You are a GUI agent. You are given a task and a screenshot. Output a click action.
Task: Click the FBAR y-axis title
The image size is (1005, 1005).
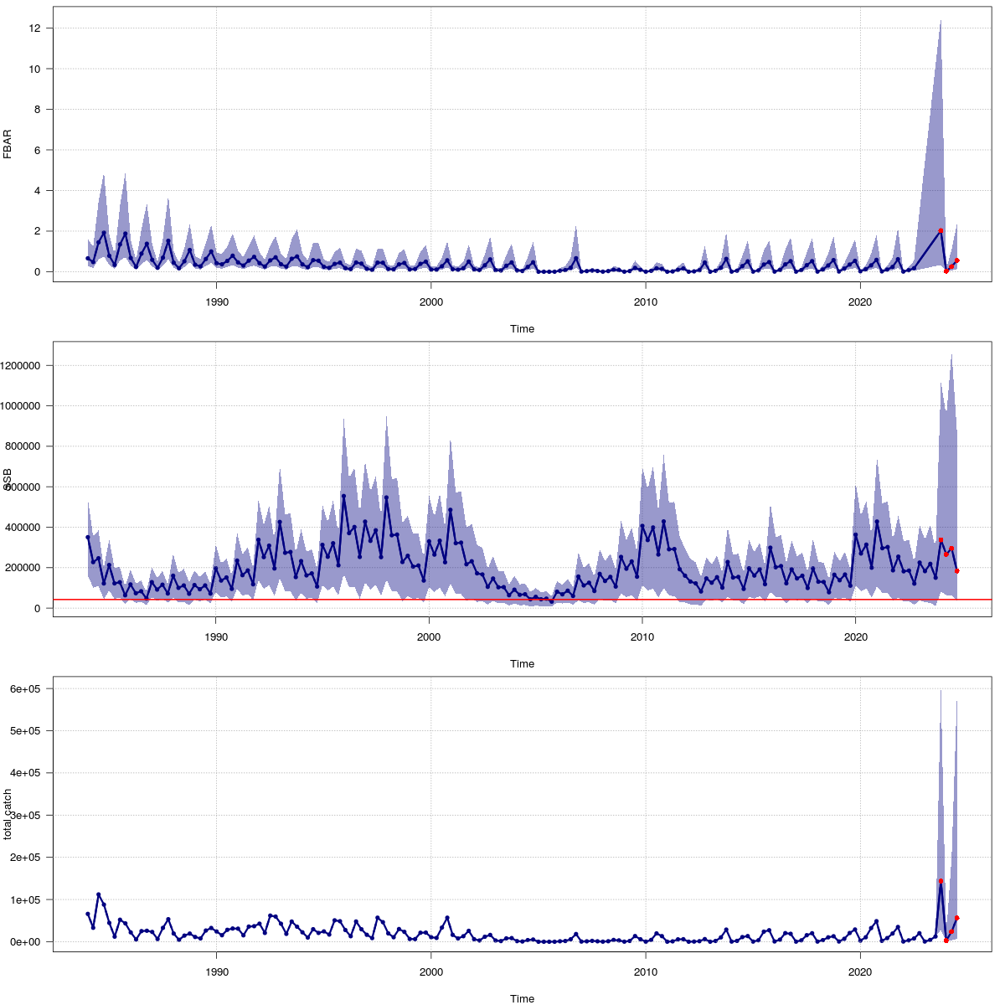(8, 143)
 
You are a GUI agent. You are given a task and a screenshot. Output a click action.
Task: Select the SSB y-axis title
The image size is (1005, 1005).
(8, 478)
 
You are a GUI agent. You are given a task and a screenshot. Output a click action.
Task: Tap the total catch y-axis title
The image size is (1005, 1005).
(8, 813)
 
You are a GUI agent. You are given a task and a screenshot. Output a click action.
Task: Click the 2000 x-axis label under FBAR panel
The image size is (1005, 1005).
(430, 301)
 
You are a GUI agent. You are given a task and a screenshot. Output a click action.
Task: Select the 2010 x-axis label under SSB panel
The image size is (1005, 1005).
(642, 636)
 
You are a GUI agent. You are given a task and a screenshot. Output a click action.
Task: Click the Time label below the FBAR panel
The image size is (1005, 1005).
(522, 328)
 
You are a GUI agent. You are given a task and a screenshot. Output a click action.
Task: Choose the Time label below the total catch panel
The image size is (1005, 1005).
(522, 998)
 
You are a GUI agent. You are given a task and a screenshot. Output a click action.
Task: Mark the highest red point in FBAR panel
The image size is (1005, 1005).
(941, 231)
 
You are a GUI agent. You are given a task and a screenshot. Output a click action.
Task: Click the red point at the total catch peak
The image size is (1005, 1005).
(941, 881)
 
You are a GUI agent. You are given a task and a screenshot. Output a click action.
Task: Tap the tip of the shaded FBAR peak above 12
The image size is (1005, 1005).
(941, 21)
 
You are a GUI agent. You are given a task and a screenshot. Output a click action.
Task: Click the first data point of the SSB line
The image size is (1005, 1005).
(88, 537)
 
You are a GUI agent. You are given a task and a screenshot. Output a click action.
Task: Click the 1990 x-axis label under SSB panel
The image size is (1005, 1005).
(216, 636)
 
